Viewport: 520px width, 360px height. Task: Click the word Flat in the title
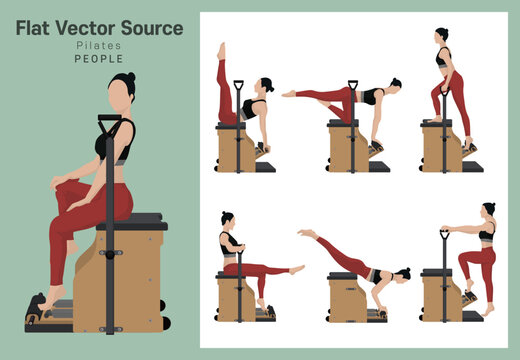pos(34,28)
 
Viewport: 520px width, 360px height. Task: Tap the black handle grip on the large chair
pos(109,123)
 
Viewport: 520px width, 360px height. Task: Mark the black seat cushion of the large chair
pos(133,221)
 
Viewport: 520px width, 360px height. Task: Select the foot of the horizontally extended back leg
pos(288,94)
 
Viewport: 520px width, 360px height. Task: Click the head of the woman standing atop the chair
pos(441,35)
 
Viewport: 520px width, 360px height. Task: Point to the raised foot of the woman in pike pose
pos(302,232)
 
